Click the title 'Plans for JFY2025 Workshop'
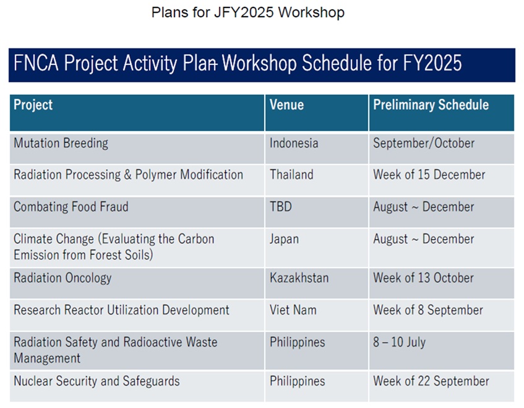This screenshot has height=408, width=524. [x=247, y=13]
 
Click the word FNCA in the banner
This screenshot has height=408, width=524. [x=36, y=63]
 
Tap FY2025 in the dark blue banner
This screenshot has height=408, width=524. [x=432, y=63]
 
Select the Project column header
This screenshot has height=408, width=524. [x=33, y=105]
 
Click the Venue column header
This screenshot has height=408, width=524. [x=286, y=105]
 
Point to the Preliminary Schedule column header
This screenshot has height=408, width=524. [x=431, y=105]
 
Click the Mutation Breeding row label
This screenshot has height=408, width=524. [x=61, y=143]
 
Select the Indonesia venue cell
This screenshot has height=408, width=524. [x=294, y=143]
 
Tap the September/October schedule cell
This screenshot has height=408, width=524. [x=424, y=143]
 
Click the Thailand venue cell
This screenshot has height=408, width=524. [x=291, y=175]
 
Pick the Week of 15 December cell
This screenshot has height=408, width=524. [x=429, y=175]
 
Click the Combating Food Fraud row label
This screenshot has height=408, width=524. [x=71, y=207]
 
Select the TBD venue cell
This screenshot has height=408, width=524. [x=281, y=207]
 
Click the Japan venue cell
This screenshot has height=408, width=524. [x=284, y=240]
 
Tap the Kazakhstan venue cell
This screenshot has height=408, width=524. [x=299, y=278]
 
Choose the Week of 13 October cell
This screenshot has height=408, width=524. [x=423, y=278]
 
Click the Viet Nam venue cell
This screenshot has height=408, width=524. [x=293, y=310]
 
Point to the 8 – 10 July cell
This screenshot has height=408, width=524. [x=400, y=342]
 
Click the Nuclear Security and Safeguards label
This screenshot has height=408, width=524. [x=97, y=381]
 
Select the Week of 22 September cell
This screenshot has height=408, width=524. [x=431, y=381]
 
